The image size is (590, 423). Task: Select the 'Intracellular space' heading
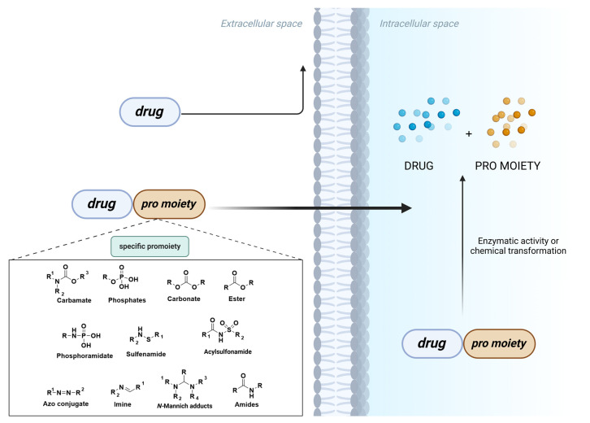(418, 23)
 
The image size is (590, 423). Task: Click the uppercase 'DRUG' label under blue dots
(419, 165)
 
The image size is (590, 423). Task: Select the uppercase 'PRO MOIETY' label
(509, 165)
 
